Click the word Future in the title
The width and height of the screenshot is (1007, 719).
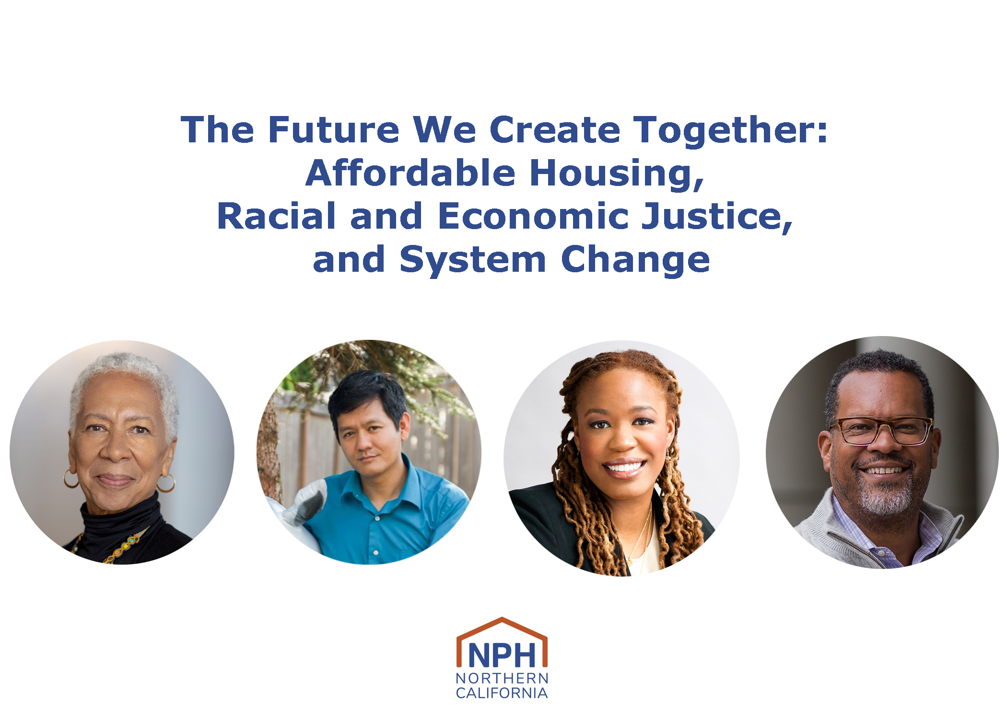pyautogui.click(x=333, y=129)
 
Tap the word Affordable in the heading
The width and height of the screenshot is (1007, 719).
pyautogui.click(x=410, y=173)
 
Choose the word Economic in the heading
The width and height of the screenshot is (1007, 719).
pyautogui.click(x=533, y=216)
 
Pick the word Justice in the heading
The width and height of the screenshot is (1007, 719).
pyautogui.click(x=716, y=217)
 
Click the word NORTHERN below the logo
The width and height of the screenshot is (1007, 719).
pyautogui.click(x=502, y=678)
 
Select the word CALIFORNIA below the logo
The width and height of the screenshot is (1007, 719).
pyautogui.click(x=502, y=693)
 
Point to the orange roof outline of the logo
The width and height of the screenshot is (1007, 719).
pyautogui.click(x=502, y=622)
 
